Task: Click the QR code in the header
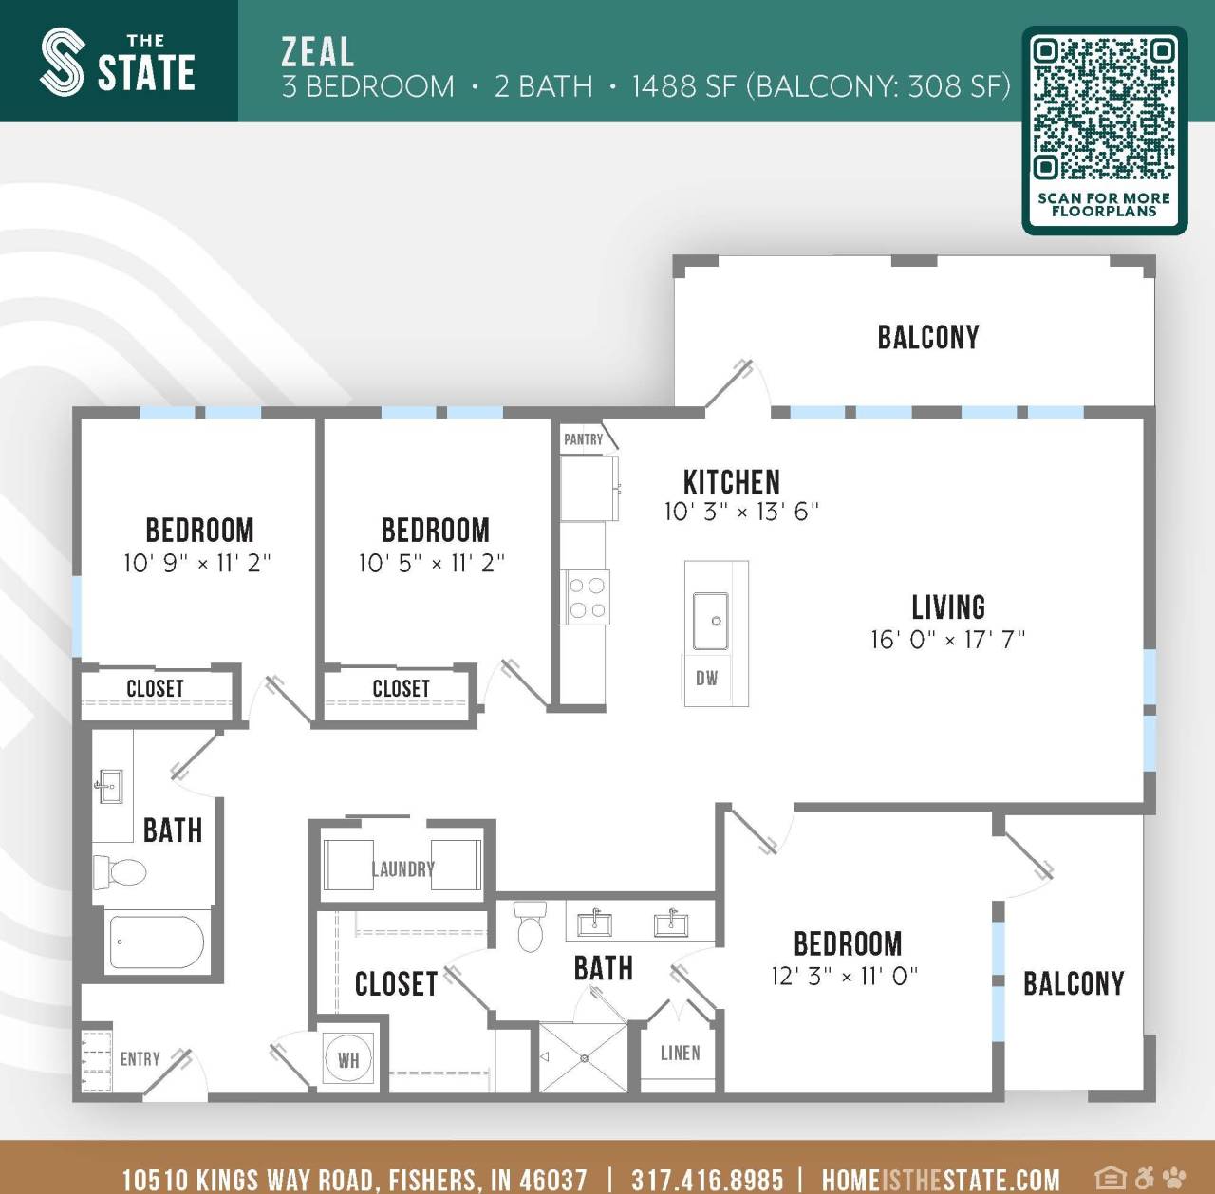[1104, 108]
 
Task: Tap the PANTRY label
[583, 439]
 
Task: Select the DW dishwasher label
[706, 679]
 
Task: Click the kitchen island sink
[711, 621]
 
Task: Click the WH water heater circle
[348, 1059]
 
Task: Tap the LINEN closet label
[680, 1054]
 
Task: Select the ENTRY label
[140, 1059]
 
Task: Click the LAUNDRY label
[402, 868]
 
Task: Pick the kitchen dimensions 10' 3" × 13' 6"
[740, 513]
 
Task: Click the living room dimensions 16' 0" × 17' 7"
[947, 640]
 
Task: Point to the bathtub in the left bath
[157, 942]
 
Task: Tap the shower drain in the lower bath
[584, 1058]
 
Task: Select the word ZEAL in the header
[318, 51]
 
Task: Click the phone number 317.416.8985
[707, 1180]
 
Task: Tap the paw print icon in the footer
[1174, 1178]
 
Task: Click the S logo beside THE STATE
[63, 62]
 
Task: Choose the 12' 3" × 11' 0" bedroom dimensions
[844, 976]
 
